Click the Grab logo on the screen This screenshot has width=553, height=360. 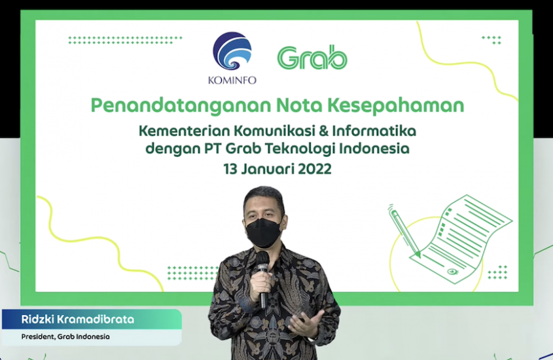pos(312,57)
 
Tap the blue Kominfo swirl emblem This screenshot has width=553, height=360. pos(232,51)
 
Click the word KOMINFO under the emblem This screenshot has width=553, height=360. pos(232,81)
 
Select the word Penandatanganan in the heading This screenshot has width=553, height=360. pos(181,106)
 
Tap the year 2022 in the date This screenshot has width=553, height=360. pos(315,169)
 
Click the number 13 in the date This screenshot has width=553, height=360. pos(230,169)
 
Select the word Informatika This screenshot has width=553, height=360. pos(374,131)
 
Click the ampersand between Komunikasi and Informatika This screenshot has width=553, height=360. pos(323,131)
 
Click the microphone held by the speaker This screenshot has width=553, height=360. pos(262,279)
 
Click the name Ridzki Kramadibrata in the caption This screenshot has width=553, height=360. pos(78,319)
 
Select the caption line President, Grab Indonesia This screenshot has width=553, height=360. pos(65,336)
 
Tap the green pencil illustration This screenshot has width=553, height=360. pos(404,231)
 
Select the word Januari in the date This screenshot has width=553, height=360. pos(268,170)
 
